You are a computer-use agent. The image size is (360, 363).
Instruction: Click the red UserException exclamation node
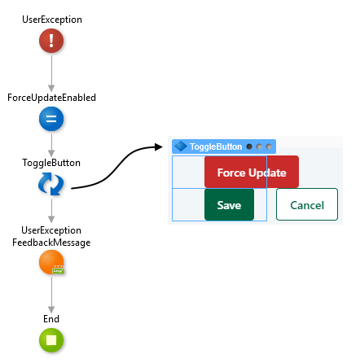coord(51,41)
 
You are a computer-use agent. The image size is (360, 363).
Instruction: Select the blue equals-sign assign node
coord(51,119)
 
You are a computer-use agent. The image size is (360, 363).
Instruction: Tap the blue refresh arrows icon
coord(51,184)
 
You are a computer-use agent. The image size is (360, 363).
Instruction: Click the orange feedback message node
coord(51,262)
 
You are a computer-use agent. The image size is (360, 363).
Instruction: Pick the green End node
coord(51,340)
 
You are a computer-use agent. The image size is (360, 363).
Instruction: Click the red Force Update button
coord(252,172)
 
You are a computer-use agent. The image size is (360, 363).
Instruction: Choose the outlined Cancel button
coord(307,204)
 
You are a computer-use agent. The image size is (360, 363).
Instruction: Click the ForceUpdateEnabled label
coord(51,98)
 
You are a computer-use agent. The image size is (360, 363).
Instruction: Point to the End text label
coord(51,319)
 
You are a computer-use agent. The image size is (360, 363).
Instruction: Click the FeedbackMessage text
coord(51,243)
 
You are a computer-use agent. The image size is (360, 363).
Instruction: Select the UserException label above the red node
coord(52,20)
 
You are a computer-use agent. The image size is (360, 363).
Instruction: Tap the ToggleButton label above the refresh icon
coord(51,163)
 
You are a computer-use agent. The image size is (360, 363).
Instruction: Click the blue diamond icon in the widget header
coord(181,147)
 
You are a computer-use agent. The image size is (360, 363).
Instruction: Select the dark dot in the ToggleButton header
coord(249,147)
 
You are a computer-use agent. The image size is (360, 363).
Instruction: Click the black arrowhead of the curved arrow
coord(158,147)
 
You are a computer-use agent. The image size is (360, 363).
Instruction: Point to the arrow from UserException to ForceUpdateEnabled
coord(51,74)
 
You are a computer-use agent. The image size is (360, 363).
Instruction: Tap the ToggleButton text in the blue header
coord(216,147)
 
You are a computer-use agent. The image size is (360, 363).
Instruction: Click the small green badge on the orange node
coord(59,270)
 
